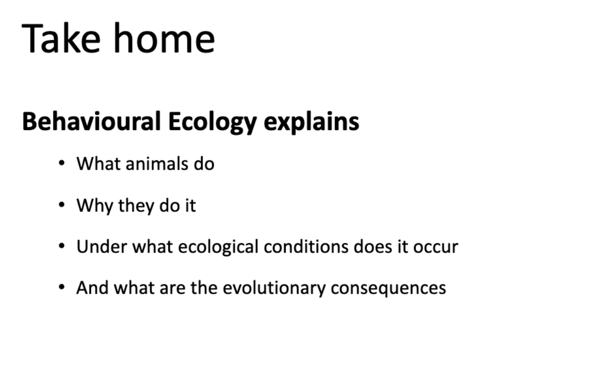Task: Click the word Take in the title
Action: (61, 39)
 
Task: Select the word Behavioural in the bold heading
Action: (91, 122)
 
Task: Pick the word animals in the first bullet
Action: (151, 163)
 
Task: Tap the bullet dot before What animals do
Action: (62, 163)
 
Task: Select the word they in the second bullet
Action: (135, 206)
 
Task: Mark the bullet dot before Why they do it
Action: (62, 205)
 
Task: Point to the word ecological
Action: (218, 247)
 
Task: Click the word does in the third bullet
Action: (371, 247)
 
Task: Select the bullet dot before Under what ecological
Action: (62, 246)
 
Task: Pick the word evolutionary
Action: (274, 288)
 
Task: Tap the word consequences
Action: (388, 288)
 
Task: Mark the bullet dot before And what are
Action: (62, 287)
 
